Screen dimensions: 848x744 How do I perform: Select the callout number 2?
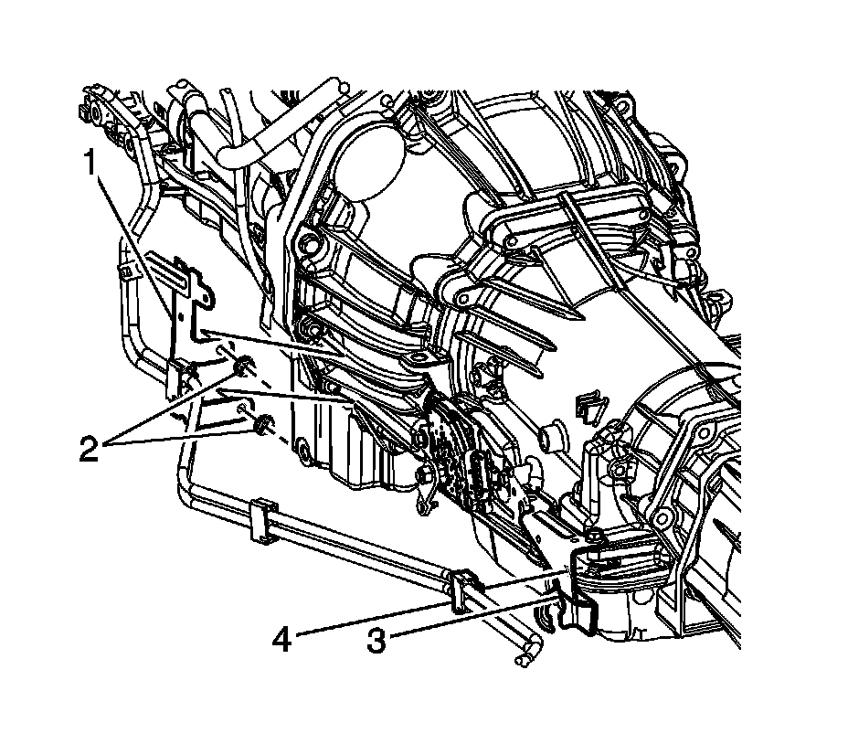coord(90,449)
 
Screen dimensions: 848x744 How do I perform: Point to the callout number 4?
coord(281,640)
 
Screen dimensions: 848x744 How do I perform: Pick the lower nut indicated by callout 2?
coord(263,422)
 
